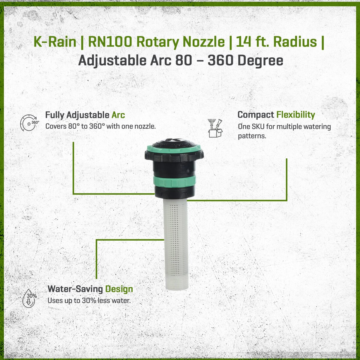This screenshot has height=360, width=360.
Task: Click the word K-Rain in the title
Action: point(55,42)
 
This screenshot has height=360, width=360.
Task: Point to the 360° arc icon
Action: point(29,123)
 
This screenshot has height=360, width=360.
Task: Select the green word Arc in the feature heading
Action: point(118,115)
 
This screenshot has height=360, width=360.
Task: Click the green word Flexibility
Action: point(295,115)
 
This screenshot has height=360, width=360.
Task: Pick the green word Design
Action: point(119,289)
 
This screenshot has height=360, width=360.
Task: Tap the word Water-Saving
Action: point(75,289)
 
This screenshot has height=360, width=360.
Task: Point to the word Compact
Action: point(256,115)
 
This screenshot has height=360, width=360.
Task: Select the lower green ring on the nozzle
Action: point(174,181)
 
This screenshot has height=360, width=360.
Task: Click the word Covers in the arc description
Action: point(56,126)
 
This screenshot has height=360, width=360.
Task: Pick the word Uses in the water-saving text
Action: point(55,300)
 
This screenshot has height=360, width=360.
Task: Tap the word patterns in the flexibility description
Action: point(252,136)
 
